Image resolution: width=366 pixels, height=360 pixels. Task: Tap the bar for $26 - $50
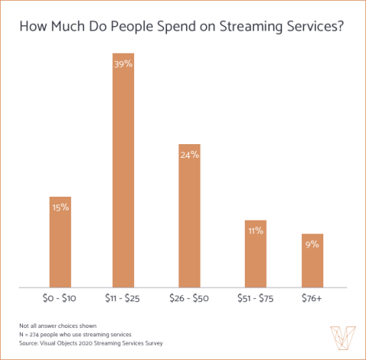[x=189, y=221]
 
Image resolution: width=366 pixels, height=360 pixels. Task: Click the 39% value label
[x=124, y=65]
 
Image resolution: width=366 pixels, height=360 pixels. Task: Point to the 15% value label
[x=60, y=207]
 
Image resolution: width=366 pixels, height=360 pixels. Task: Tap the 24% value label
[x=189, y=155]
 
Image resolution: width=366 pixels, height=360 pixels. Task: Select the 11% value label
[x=255, y=230]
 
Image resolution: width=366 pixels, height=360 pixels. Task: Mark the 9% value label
[x=313, y=244]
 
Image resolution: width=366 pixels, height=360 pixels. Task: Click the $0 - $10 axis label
[x=60, y=297]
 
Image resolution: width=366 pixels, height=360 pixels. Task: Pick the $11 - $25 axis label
[x=124, y=297]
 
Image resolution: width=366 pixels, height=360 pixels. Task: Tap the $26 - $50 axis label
[x=189, y=297]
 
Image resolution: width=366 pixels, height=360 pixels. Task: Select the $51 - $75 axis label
[x=255, y=297]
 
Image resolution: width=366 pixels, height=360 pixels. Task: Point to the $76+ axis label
[x=313, y=297]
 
